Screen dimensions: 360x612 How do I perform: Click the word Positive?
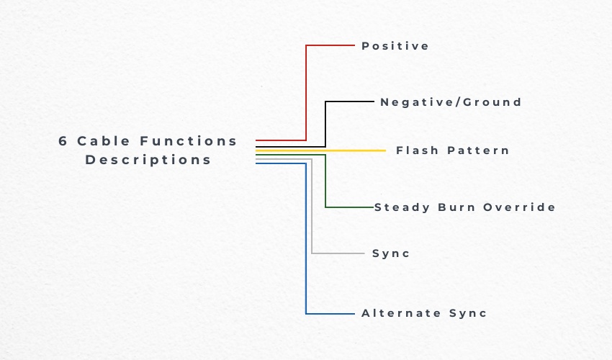pyautogui.click(x=395, y=46)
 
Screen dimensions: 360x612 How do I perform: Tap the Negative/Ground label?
pyautogui.click(x=451, y=102)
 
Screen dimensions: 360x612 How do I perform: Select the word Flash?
pyautogui.click(x=417, y=150)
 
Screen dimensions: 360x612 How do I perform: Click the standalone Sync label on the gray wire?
pyautogui.click(x=391, y=253)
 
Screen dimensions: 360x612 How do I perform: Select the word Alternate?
pyautogui.click(x=401, y=313)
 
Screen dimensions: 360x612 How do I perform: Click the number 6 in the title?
pyautogui.click(x=63, y=141)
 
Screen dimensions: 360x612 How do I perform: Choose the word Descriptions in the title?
pyautogui.click(x=148, y=160)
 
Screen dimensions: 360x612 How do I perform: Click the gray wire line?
pyautogui.click(x=312, y=216)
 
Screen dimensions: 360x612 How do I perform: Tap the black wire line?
pyautogui.click(x=325, y=122)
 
